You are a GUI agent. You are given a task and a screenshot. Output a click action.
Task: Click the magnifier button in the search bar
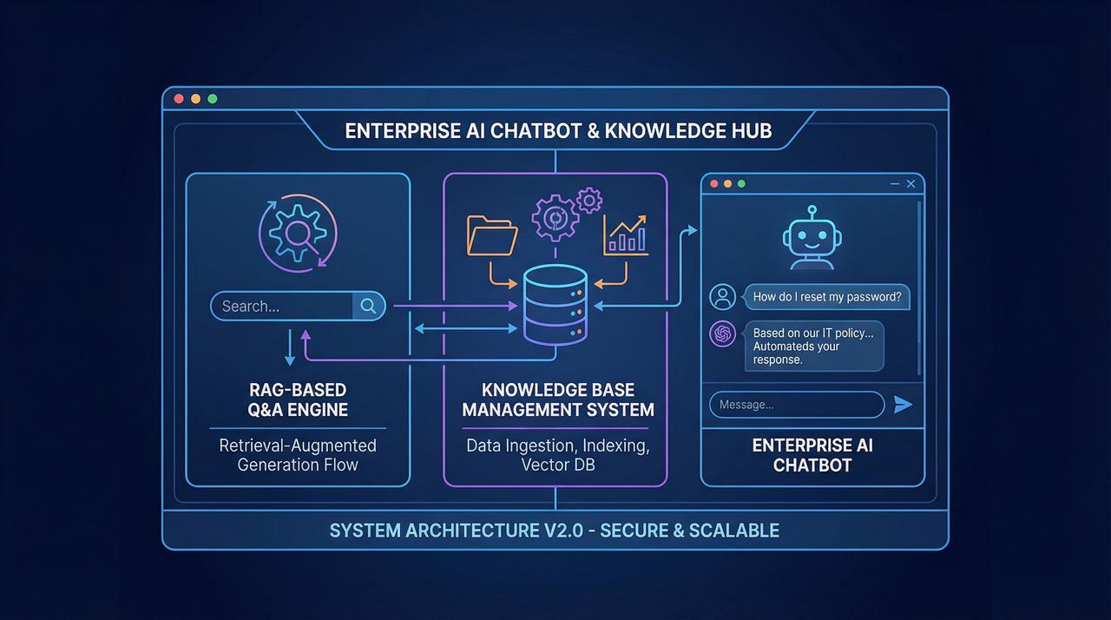click(x=368, y=306)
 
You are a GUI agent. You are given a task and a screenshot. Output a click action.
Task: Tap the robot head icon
click(x=812, y=238)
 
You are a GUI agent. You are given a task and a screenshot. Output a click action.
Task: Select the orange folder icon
click(x=492, y=235)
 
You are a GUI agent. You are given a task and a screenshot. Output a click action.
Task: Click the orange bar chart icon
click(x=626, y=235)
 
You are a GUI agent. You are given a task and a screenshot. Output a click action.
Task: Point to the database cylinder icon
click(x=555, y=305)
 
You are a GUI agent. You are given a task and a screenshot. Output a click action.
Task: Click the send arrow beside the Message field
click(x=903, y=405)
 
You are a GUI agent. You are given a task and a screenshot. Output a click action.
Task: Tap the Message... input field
click(x=797, y=405)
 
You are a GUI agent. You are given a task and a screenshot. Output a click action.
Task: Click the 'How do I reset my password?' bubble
click(x=826, y=297)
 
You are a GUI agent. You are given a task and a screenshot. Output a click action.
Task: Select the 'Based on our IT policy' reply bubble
click(x=813, y=346)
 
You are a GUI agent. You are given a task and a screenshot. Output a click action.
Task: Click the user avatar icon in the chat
click(x=723, y=297)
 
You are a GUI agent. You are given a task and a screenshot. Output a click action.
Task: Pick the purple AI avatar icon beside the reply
click(x=723, y=333)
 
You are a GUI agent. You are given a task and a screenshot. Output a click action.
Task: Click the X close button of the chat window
click(x=911, y=184)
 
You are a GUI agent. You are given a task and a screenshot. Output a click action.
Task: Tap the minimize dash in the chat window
click(x=895, y=184)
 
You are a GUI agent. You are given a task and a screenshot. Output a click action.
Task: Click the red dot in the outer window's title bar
click(x=179, y=99)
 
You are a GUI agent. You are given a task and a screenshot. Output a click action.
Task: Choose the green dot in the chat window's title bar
click(x=741, y=184)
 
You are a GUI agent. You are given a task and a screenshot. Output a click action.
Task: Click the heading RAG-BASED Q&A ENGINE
click(x=298, y=399)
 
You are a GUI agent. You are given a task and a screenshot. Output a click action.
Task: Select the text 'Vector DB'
click(x=558, y=465)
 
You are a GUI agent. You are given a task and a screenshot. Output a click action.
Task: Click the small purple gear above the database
click(x=589, y=201)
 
